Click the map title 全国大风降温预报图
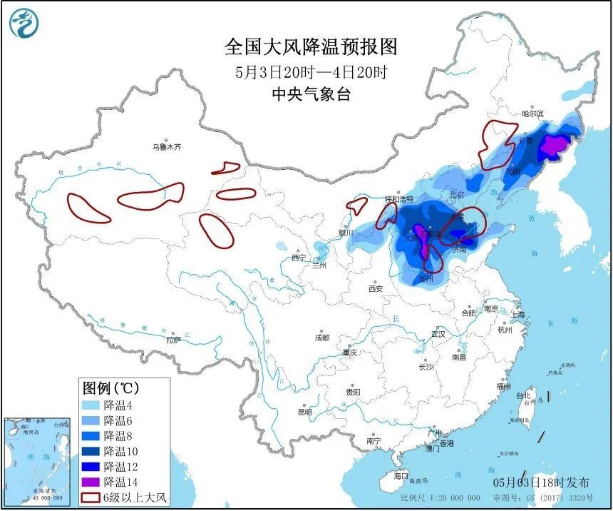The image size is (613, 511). pyautogui.click(x=311, y=47)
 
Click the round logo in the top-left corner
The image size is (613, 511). pyautogui.click(x=23, y=24)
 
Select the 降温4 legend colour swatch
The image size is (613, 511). pyautogui.click(x=91, y=405)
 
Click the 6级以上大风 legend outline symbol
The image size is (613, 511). pyautogui.click(x=91, y=497)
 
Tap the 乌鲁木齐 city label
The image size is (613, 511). pyautogui.click(x=166, y=147)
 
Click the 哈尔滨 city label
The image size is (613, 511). pyautogui.click(x=532, y=113)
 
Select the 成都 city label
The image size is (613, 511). pyautogui.click(x=321, y=337)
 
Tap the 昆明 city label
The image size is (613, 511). pyautogui.click(x=305, y=412)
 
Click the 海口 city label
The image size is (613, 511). pyautogui.click(x=401, y=475)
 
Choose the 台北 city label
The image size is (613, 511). pyautogui.click(x=524, y=395)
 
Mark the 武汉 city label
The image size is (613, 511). pyautogui.click(x=438, y=334)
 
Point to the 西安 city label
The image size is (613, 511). pyautogui.click(x=376, y=288)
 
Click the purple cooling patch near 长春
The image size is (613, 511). pyautogui.click(x=552, y=146)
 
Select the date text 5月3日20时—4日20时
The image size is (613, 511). pyautogui.click(x=311, y=72)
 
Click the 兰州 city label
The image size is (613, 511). pyautogui.click(x=318, y=265)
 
